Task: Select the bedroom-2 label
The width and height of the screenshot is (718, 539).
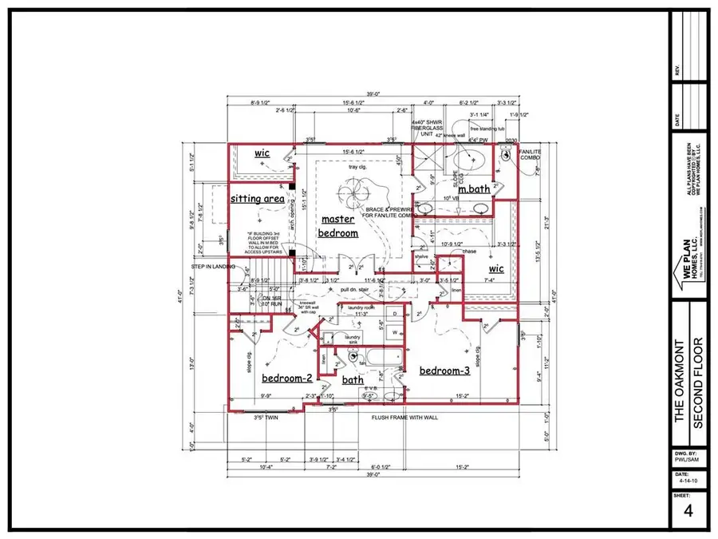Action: [286, 379]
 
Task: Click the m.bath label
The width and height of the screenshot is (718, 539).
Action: [473, 188]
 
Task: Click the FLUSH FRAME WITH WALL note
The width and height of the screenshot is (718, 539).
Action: [405, 418]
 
